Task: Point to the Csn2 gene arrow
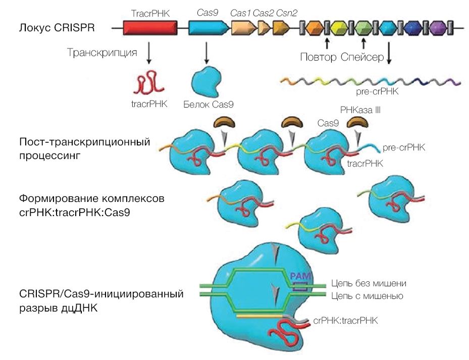tap(280, 28)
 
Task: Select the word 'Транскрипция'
tap(102, 53)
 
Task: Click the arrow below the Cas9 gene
tap(206, 53)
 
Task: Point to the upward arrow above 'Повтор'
tap(327, 41)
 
